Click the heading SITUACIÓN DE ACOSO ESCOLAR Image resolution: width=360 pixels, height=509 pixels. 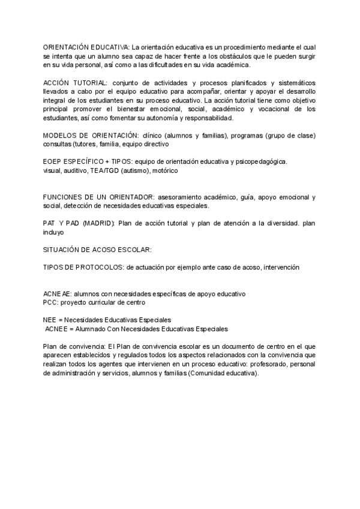click(x=97, y=249)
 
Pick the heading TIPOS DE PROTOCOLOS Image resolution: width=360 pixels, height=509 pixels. click(x=83, y=267)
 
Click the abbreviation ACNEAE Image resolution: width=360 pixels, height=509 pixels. click(x=57, y=294)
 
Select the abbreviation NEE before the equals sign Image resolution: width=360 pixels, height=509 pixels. click(x=50, y=320)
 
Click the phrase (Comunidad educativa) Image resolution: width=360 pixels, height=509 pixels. click(x=224, y=373)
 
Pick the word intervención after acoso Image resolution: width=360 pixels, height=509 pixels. click(x=278, y=267)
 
